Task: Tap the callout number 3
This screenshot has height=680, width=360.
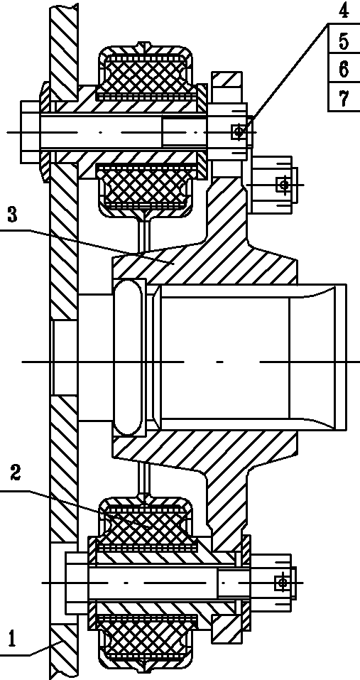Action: pos(13,215)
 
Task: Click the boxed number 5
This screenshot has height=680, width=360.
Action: pos(344,41)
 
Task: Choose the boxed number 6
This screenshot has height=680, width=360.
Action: pos(344,70)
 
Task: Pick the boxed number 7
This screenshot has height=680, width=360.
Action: pos(344,99)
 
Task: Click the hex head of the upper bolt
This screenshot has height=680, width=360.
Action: pos(31,131)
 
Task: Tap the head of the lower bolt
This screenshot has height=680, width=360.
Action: pos(77,583)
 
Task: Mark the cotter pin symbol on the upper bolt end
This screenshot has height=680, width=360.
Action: pos(238,131)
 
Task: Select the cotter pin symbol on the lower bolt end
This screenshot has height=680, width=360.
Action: pos(282,583)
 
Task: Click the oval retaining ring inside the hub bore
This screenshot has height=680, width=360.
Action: pos(129,358)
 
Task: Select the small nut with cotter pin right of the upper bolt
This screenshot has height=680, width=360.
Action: pos(272,184)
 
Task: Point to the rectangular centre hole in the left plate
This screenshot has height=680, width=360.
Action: pos(64,358)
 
